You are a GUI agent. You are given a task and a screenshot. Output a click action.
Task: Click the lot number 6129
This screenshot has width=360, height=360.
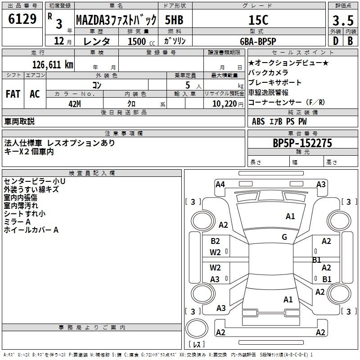pyautogui.click(x=22, y=19)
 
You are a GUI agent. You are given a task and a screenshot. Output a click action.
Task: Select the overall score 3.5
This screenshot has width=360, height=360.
pyautogui.click(x=343, y=20)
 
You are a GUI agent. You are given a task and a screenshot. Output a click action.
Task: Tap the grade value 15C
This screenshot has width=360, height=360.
pyautogui.click(x=258, y=20)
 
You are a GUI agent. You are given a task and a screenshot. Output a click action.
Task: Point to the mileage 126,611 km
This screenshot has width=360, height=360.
pyautogui.click(x=53, y=65)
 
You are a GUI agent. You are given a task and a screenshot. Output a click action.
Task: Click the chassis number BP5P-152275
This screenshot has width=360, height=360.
pyautogui.click(x=302, y=143)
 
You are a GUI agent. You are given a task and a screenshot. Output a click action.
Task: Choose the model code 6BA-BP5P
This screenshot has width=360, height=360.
pyautogui.click(x=258, y=41)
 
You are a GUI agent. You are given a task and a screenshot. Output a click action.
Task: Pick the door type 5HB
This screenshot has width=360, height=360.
pyautogui.click(x=174, y=20)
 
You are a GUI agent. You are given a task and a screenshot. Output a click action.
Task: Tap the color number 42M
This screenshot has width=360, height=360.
pyautogui.click(x=75, y=104)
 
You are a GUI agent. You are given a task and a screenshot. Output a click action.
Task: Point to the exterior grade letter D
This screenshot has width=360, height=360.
pyautogui.click(x=336, y=41)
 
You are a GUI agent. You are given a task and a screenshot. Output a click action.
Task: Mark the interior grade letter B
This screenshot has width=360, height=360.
pyautogui.click(x=350, y=41)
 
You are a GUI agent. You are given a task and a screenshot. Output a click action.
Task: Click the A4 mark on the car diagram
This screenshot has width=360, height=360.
pyautogui.click(x=220, y=184)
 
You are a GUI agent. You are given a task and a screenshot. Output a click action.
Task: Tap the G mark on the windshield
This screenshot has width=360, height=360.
pyautogui.click(x=284, y=237)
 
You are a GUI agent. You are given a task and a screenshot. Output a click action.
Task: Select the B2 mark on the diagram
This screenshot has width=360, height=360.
pyautogui.click(x=215, y=241)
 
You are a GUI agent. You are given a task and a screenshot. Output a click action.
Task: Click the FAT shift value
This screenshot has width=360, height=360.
pyautogui.click(x=13, y=94)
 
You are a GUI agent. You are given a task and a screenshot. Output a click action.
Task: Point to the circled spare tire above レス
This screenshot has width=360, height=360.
pyautogui.click(x=197, y=328)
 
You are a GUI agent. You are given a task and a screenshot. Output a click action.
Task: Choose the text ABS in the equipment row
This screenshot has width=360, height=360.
pyautogui.click(x=258, y=121)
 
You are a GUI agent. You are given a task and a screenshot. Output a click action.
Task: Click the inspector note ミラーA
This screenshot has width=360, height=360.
pyautogui.click(x=17, y=222)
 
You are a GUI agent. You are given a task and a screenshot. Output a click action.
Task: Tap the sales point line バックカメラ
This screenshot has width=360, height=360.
pyautogui.click(x=268, y=72)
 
